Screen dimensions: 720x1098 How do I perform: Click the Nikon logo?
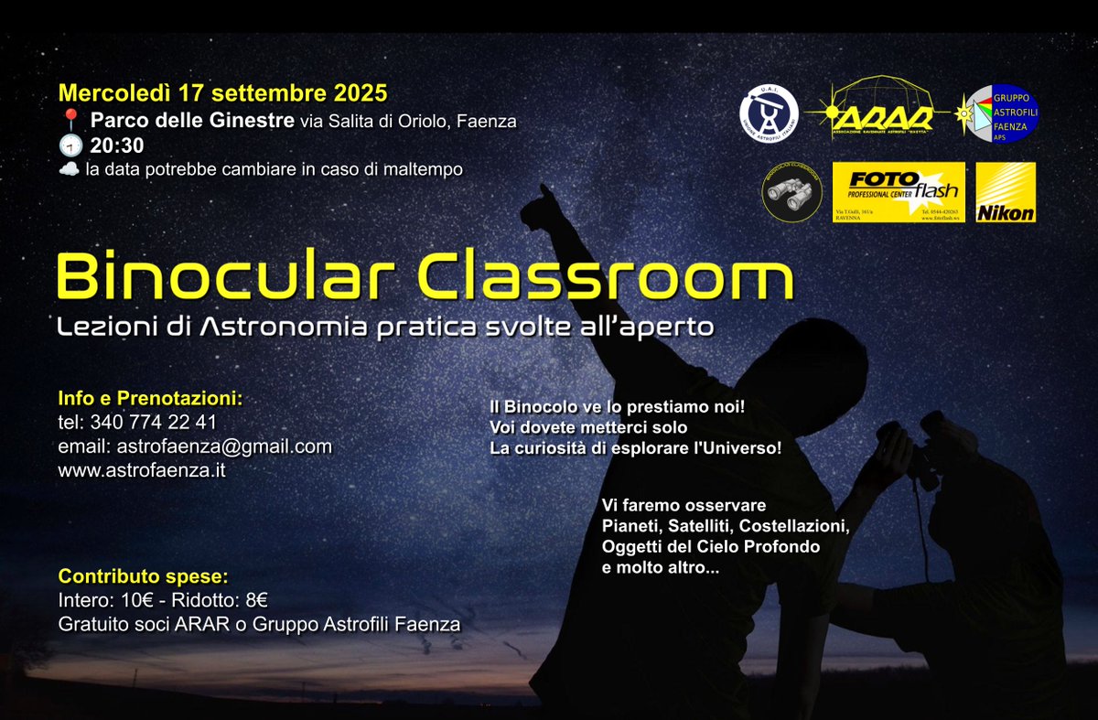coord(1006,192)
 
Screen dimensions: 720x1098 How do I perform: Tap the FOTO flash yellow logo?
coord(898,192)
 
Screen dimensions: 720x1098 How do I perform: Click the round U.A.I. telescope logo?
coord(769,114)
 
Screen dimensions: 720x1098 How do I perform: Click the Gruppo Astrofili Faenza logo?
coord(997,114)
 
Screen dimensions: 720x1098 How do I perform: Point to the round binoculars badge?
coord(792,192)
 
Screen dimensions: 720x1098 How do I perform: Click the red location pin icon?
coord(70,120)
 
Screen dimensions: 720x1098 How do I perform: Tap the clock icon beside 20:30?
coord(70,145)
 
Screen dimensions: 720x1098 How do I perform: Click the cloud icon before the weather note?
coord(69,169)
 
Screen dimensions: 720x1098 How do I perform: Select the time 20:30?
coord(117,145)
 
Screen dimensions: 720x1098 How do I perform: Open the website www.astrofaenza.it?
coord(141,470)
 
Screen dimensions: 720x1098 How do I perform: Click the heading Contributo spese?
coord(143,577)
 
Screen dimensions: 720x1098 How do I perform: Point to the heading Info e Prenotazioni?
coord(150,399)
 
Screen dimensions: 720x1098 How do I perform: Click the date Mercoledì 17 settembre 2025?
coord(222,92)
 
